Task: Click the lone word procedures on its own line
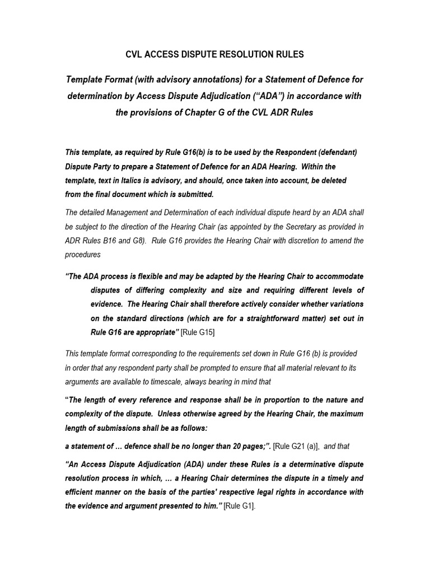click(83, 254)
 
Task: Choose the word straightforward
click(270, 318)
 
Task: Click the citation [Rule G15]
click(198, 332)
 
